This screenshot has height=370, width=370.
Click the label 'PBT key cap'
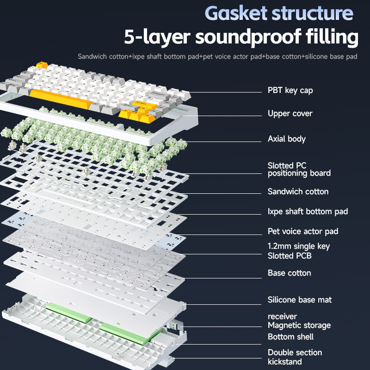[290, 90]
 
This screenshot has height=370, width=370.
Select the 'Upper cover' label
[290, 113]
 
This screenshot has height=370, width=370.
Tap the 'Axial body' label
[287, 139]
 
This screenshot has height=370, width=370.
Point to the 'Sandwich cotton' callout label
[298, 191]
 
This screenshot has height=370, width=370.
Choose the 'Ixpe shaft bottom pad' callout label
[308, 211]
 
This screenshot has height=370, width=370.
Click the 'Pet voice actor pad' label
[303, 231]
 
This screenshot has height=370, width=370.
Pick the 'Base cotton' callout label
[290, 273]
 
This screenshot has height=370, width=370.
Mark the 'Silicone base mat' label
[300, 300]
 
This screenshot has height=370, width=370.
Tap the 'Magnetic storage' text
[299, 325]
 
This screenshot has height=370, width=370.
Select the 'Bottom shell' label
[290, 337]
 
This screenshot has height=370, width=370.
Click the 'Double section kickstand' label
[295, 357]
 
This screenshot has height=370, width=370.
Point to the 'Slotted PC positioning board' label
[299, 169]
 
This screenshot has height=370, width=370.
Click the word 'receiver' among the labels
[282, 316]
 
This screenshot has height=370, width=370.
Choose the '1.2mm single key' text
[299, 246]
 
